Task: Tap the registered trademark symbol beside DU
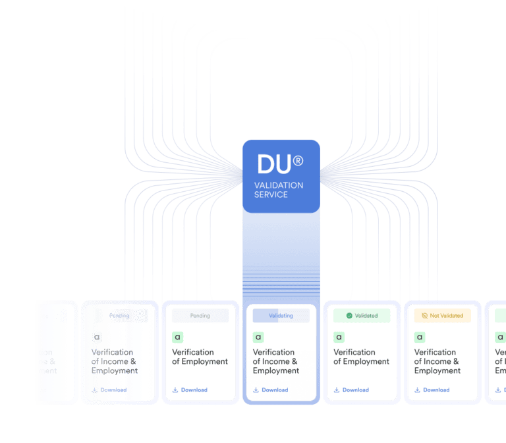coord(298,160)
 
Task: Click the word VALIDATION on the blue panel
coord(279,185)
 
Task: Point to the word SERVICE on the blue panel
coord(271,194)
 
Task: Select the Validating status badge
coord(281,316)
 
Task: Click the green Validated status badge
coord(362,316)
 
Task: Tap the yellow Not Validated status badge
coord(442,316)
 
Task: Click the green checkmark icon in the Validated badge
coord(349,316)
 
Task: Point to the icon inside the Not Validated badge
coord(425,316)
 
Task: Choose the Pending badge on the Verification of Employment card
coord(200,316)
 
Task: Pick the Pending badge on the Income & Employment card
coord(119,316)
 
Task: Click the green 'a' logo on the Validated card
coord(339,338)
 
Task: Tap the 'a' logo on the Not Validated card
coord(420,338)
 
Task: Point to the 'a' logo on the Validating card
coord(258,338)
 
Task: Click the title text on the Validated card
coord(361,357)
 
